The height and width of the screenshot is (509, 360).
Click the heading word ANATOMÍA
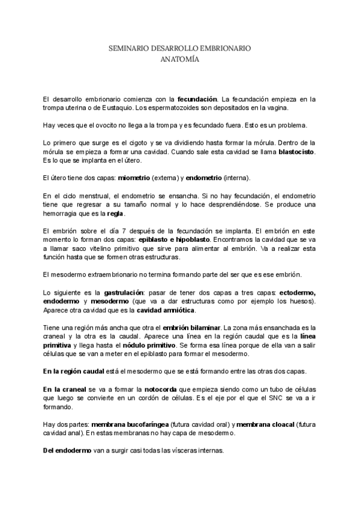pos(179,59)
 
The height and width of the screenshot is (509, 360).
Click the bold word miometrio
pos(135,178)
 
